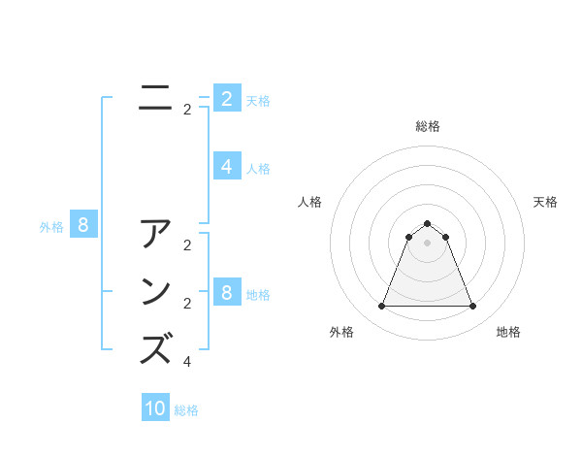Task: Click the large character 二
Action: click(156, 99)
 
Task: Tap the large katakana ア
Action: click(156, 236)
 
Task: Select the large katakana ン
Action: click(156, 292)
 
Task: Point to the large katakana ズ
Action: click(156, 348)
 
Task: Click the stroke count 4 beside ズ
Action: click(187, 362)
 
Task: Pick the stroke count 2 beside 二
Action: click(187, 110)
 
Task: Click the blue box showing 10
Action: click(155, 408)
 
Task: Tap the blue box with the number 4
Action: click(227, 167)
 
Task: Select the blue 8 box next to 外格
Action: click(83, 226)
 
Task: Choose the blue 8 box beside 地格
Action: click(227, 293)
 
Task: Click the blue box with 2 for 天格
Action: click(227, 99)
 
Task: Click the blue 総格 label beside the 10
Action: click(186, 410)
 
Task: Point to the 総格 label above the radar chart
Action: click(427, 126)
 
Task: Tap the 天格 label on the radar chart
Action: click(545, 202)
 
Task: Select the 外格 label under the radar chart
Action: click(341, 332)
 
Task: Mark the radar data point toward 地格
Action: click(472, 307)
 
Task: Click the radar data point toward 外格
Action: click(381, 307)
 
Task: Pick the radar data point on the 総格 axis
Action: click(427, 224)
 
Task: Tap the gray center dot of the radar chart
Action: click(427, 243)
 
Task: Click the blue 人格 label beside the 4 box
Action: click(258, 169)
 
